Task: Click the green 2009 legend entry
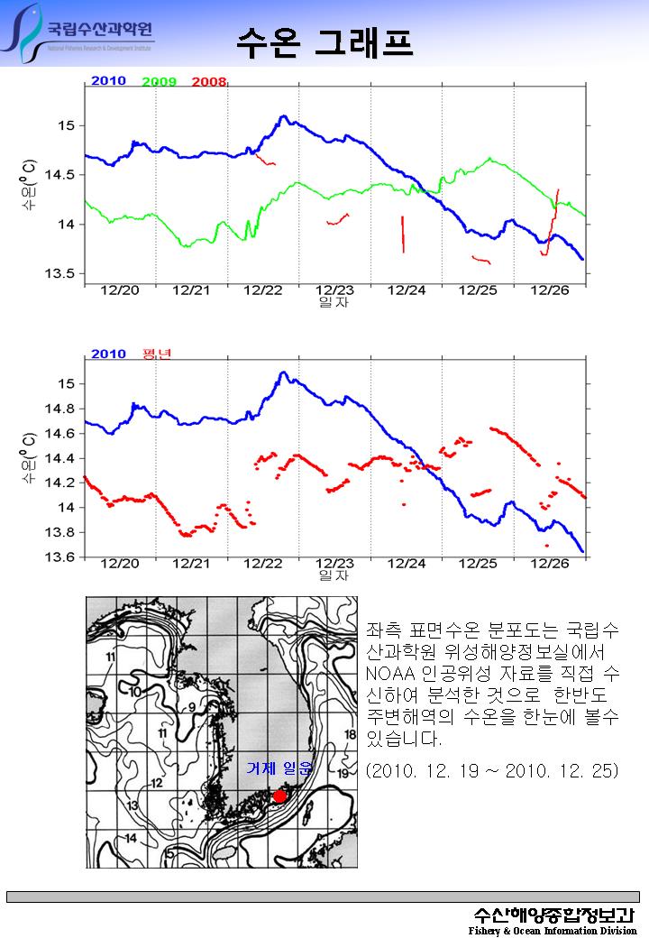tap(159, 82)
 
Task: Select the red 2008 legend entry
tap(208, 82)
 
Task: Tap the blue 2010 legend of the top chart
tap(108, 81)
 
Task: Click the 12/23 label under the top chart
tap(334, 290)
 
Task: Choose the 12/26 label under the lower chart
tap(550, 564)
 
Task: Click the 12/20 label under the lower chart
tap(120, 564)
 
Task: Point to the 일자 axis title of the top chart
tap(334, 302)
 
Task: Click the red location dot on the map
tap(279, 795)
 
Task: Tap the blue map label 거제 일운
tap(279, 769)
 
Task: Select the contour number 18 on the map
tap(350, 735)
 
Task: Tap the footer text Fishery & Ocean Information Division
tap(552, 930)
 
